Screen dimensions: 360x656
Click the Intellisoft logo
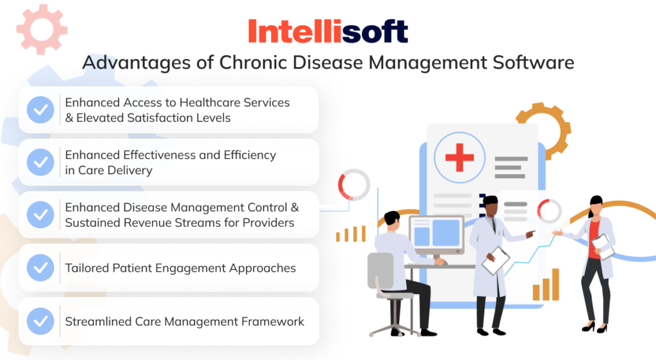pos(327,31)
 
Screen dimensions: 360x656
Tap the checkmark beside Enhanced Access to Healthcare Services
pos(41,110)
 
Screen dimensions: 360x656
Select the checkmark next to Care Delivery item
pos(41,163)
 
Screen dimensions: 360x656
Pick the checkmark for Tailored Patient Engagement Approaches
pos(41,268)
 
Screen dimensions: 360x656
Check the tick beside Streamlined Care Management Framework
pos(41,321)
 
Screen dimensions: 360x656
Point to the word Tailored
pos(86,268)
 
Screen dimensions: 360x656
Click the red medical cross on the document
pos(459,158)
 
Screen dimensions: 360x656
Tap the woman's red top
pos(594,229)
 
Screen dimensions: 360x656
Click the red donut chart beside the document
pos(354,184)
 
